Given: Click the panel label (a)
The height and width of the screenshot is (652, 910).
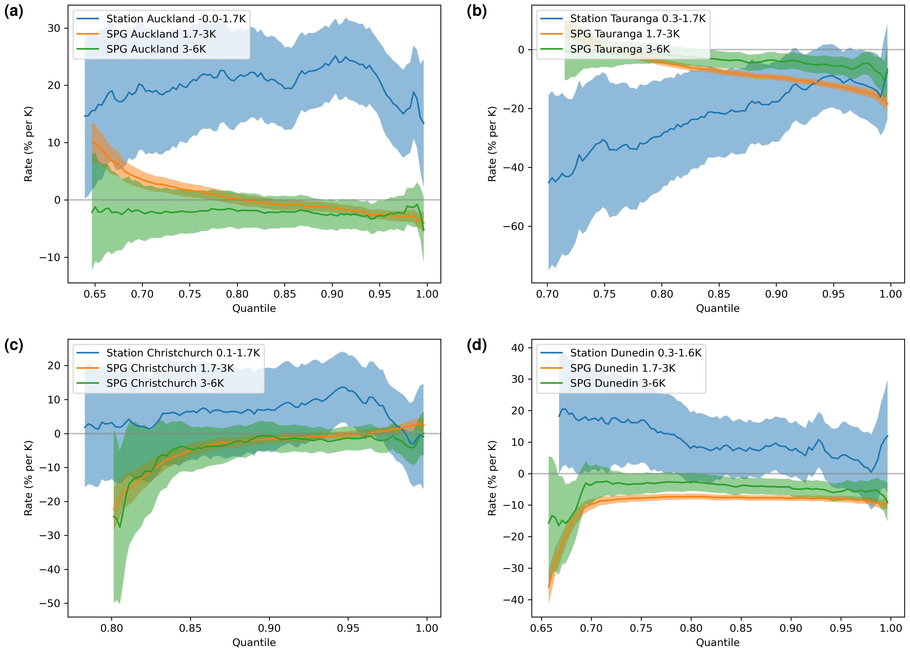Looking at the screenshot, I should click(x=14, y=11).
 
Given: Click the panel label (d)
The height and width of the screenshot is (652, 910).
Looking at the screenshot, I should click(x=476, y=345).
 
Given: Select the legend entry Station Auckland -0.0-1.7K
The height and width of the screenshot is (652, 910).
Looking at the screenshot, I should click(x=176, y=19).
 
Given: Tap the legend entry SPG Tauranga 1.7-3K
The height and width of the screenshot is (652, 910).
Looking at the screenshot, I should click(x=625, y=34).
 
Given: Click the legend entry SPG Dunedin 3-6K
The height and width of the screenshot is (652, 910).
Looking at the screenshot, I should click(x=618, y=383).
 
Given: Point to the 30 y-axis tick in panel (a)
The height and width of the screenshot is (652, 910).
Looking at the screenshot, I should click(x=54, y=28).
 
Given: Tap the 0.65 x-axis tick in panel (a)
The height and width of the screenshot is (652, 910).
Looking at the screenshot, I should click(x=95, y=294).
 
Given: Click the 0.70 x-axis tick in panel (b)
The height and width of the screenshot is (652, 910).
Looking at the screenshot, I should click(x=547, y=294).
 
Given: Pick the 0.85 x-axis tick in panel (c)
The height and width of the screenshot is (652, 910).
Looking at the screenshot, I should click(x=190, y=628).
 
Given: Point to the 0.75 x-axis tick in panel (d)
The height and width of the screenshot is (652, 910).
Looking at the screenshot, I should click(x=641, y=628).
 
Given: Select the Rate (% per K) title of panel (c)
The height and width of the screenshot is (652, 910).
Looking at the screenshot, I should click(x=28, y=478).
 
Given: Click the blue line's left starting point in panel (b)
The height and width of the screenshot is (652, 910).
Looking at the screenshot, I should click(x=548, y=183).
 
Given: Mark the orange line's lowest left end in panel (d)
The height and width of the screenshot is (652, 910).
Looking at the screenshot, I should click(x=548, y=587).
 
